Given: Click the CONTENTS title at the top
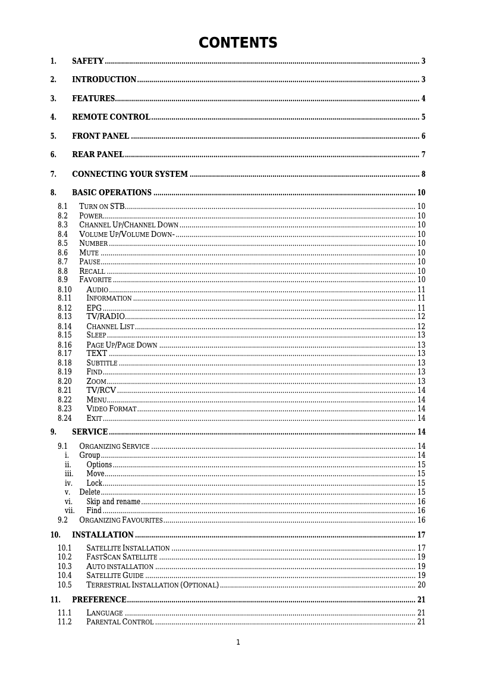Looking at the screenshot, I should [x=238, y=43].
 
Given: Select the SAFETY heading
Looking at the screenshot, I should [x=88, y=61].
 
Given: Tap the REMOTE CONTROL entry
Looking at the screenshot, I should [x=111, y=117].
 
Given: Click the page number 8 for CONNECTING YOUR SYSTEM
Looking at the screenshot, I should [x=423, y=174].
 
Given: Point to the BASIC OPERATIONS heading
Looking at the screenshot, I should [x=112, y=193].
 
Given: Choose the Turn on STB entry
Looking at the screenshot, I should [x=102, y=207].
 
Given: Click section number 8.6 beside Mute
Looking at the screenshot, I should [x=62, y=253].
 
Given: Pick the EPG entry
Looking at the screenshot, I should [x=94, y=308].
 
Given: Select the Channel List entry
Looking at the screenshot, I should [x=110, y=327].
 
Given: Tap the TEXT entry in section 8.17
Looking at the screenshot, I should [x=97, y=354].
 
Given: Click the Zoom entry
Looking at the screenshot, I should [x=96, y=382].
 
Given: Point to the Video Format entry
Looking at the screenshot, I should [x=111, y=409].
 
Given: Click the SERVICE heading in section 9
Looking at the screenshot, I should [x=90, y=432].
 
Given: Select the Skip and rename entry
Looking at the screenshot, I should [x=113, y=502].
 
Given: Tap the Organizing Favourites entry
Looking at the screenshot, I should [x=121, y=520].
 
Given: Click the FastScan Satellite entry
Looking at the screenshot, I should [x=121, y=557].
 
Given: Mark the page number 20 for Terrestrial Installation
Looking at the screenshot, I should [x=421, y=585].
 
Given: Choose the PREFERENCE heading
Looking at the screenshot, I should [x=99, y=600].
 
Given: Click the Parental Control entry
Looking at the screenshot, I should [x=120, y=622].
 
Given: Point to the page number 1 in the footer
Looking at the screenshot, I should [x=238, y=642].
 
